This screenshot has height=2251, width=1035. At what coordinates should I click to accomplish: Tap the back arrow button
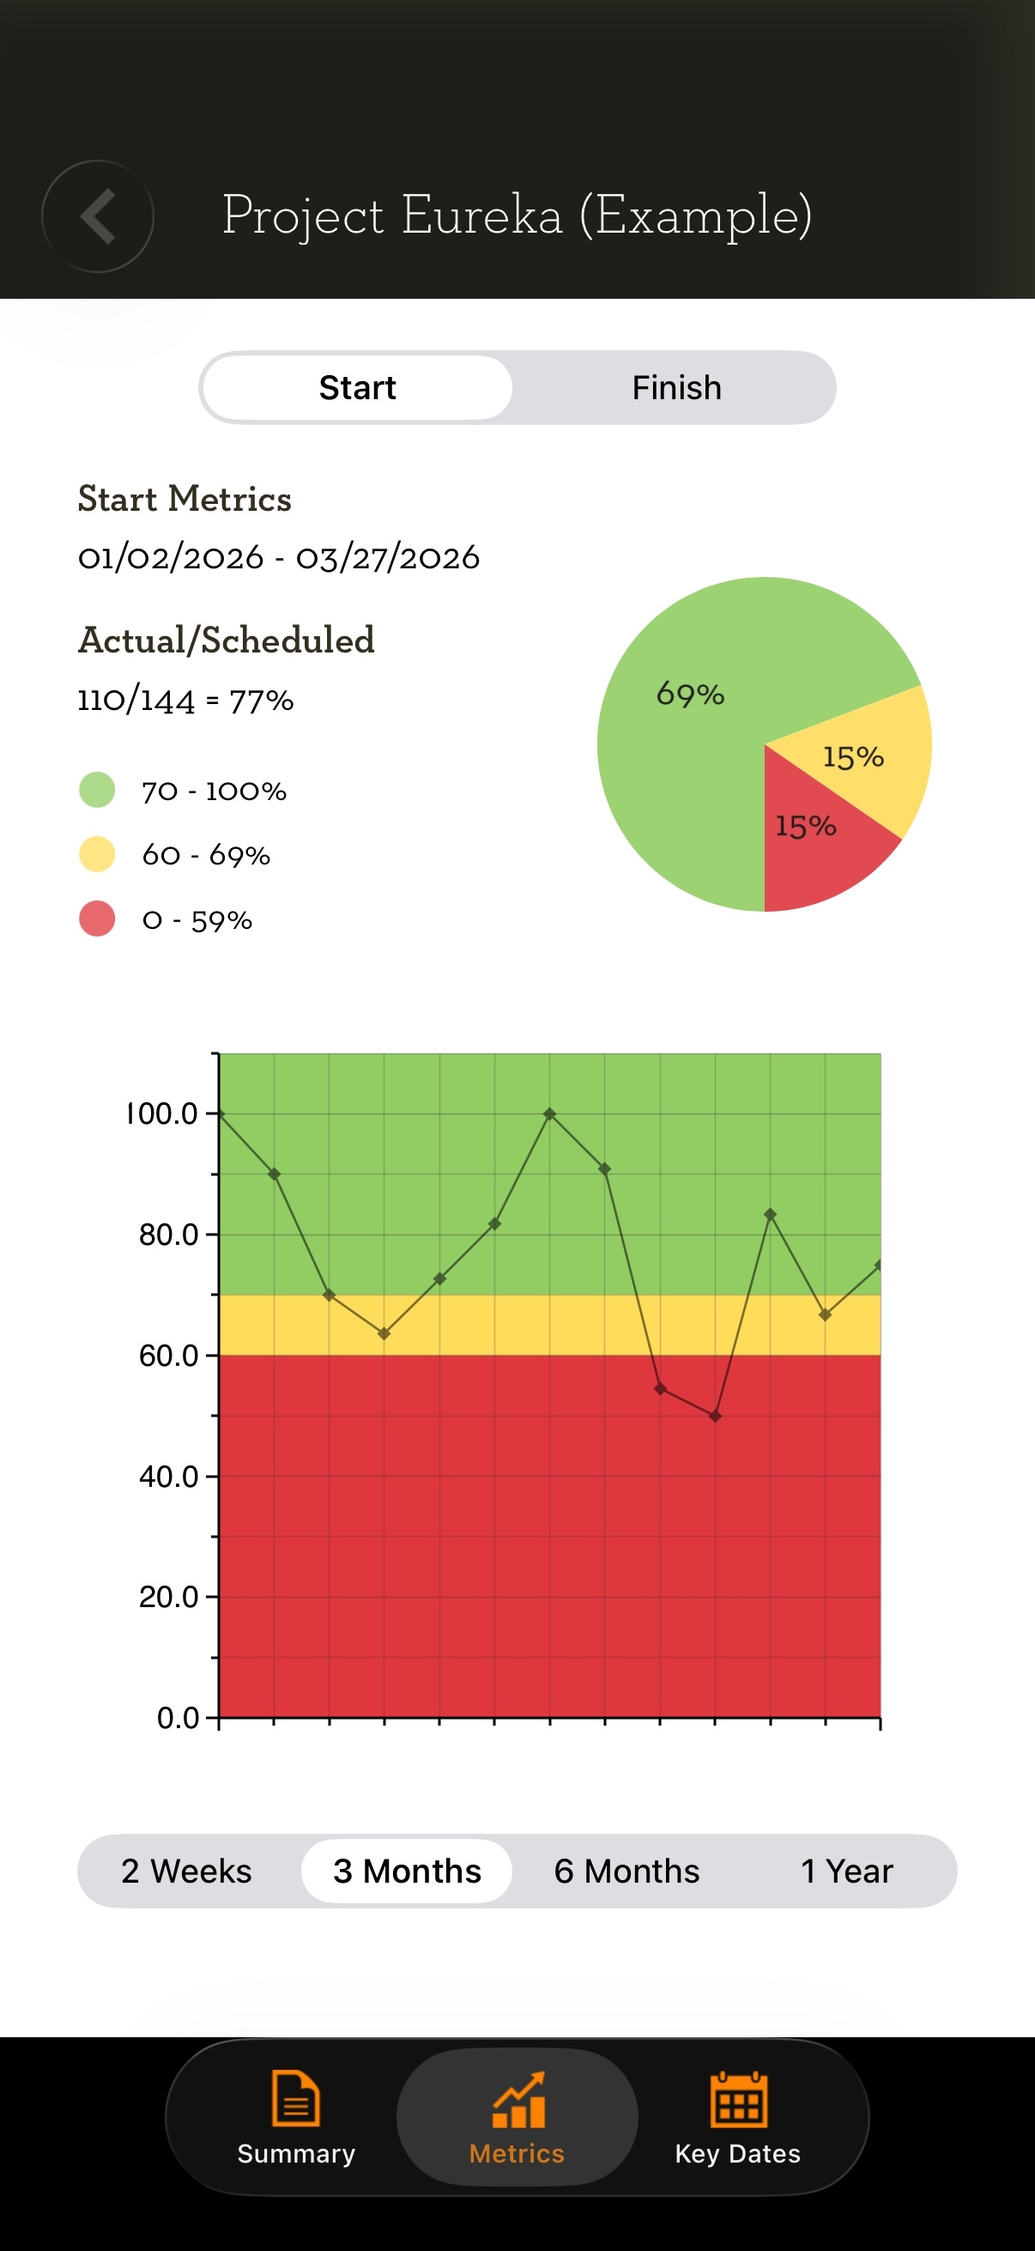[98, 215]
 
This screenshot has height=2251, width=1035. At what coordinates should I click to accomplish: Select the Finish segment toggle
[677, 388]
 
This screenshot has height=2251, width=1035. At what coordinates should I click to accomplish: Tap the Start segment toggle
[357, 388]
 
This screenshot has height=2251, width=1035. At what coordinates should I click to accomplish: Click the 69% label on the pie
[690, 695]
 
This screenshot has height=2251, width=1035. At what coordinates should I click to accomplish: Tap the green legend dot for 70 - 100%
[97, 790]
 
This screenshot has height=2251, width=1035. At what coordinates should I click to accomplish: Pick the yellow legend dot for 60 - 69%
[97, 854]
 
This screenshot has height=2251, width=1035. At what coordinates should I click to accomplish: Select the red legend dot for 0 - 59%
[97, 919]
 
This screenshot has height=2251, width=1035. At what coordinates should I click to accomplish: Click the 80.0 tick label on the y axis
[168, 1235]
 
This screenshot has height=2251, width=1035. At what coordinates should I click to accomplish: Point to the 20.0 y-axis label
[168, 1598]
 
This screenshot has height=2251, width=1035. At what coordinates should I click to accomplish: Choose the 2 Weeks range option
[187, 1871]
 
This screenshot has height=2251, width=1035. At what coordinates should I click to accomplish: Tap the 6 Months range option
[627, 1871]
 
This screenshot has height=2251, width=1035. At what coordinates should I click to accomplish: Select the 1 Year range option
[847, 1871]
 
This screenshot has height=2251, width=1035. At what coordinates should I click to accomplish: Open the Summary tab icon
[296, 2098]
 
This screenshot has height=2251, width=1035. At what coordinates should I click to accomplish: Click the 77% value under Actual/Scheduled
[261, 701]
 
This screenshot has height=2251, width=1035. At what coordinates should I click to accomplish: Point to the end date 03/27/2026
[388, 557]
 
